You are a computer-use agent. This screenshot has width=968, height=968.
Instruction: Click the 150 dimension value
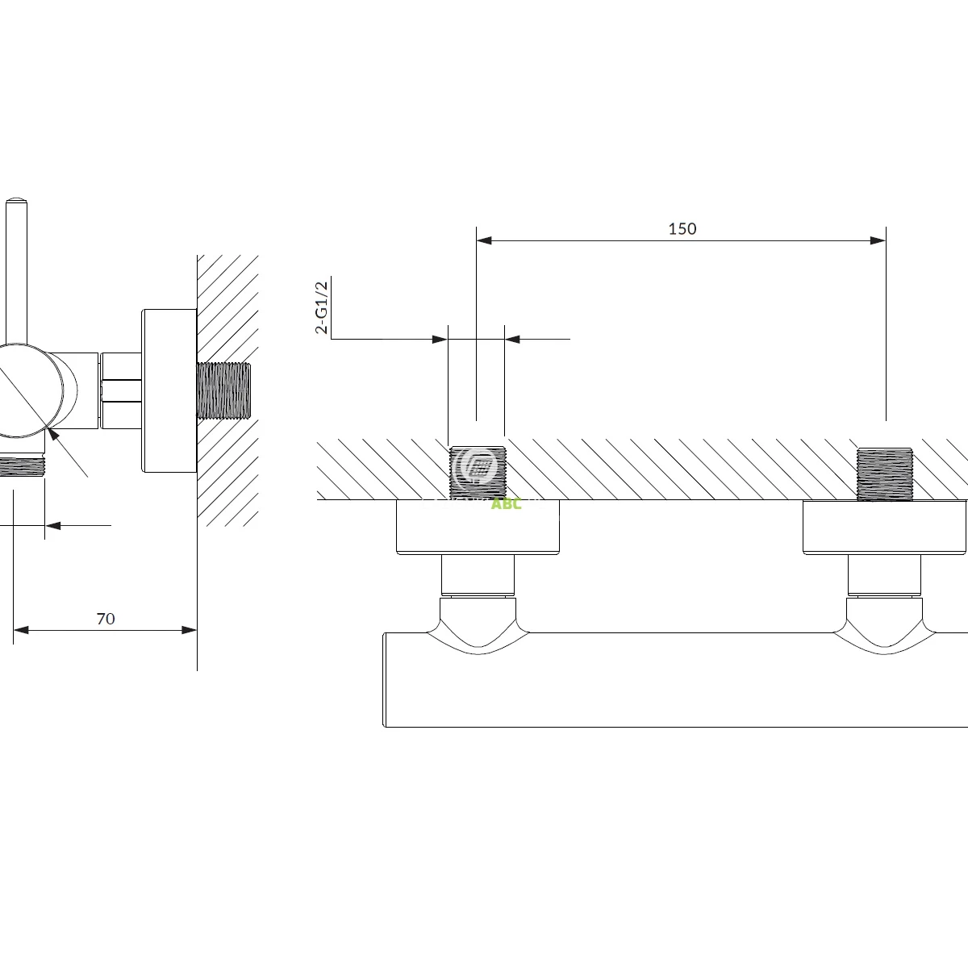tap(682, 228)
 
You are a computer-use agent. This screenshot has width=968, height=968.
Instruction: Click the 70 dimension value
tap(106, 619)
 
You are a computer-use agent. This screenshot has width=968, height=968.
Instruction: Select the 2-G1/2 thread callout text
tap(321, 307)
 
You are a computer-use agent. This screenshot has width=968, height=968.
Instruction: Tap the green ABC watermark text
tap(507, 504)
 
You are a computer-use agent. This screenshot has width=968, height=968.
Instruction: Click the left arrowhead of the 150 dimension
tap(483, 240)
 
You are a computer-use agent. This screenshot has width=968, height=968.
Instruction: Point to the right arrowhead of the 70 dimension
tap(190, 629)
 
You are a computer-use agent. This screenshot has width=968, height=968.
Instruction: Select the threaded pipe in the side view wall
tap(224, 391)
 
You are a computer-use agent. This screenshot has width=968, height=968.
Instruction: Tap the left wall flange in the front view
tap(478, 527)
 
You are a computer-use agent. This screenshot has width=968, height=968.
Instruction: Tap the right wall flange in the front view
tap(885, 527)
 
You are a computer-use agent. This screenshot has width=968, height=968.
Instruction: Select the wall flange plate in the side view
tap(169, 391)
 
